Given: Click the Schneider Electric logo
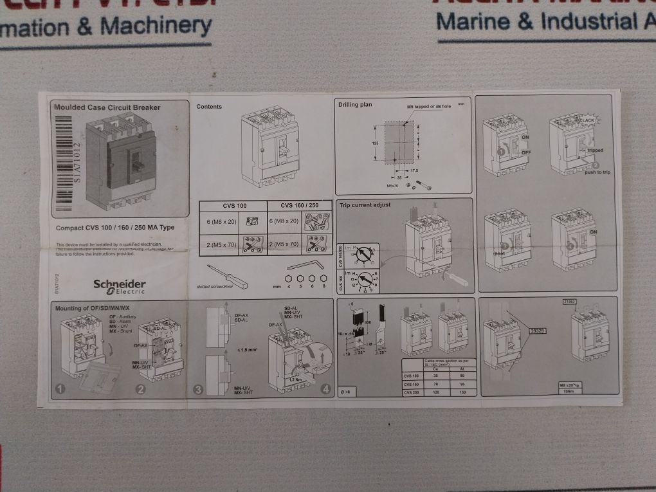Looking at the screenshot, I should click(120, 286).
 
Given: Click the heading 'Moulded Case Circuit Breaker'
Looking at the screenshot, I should click(107, 107).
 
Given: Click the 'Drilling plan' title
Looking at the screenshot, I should click(355, 104).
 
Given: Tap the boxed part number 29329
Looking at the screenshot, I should click(538, 331).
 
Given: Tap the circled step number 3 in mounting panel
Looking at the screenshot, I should click(198, 389).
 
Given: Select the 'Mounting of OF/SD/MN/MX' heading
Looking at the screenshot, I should click(92, 308).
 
